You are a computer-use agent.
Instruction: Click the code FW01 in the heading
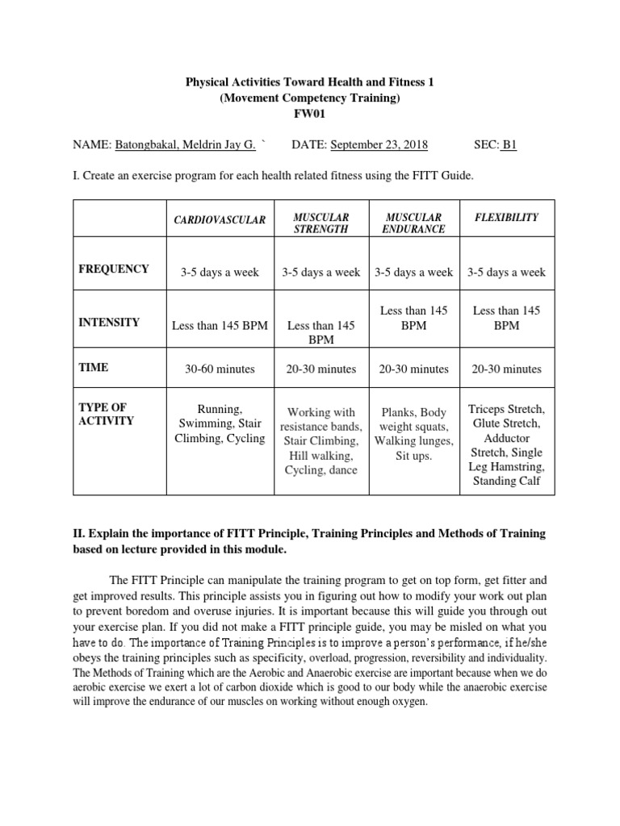pyautogui.click(x=310, y=114)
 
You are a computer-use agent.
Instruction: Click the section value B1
pyautogui.click(x=509, y=145)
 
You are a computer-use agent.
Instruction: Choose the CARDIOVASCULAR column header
pyautogui.click(x=220, y=219)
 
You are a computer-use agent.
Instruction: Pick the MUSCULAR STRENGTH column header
pyautogui.click(x=320, y=223)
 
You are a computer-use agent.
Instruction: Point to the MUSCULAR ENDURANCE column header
pyautogui.click(x=413, y=223)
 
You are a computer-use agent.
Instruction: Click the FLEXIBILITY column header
pyautogui.click(x=506, y=218)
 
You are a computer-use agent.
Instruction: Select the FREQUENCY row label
pyautogui.click(x=114, y=269)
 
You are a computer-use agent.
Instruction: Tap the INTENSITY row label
pyautogui.click(x=109, y=323)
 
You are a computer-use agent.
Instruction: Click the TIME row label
pyautogui.click(x=94, y=368)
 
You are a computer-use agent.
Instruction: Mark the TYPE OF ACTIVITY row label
pyautogui.click(x=103, y=414)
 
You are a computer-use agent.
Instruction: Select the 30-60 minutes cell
pyautogui.click(x=220, y=369)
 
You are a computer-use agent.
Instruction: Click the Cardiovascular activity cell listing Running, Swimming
pyautogui.click(x=220, y=423)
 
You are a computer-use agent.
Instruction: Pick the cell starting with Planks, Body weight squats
pyautogui.click(x=413, y=434)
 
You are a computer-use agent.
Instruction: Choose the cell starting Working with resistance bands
pyautogui.click(x=320, y=441)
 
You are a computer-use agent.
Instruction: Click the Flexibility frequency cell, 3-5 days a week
pyautogui.click(x=506, y=273)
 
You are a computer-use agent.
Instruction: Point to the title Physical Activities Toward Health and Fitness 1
pyautogui.click(x=310, y=82)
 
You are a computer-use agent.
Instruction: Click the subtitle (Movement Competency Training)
pyautogui.click(x=310, y=98)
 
